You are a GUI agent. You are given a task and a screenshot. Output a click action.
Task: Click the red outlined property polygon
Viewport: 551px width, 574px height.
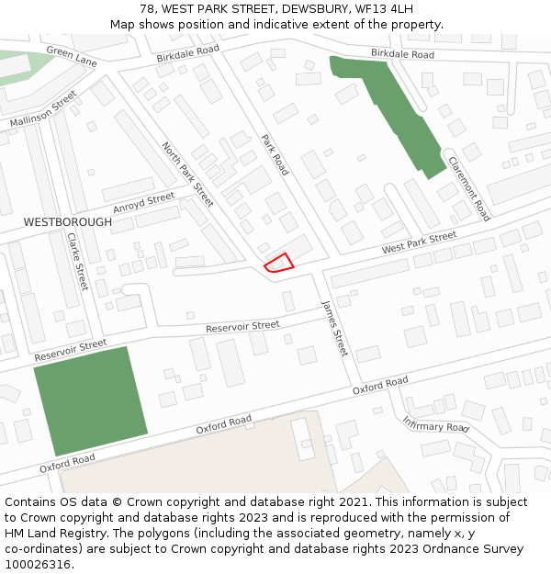coord(279,264)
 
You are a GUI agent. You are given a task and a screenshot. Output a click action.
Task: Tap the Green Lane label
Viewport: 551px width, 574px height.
coord(72,56)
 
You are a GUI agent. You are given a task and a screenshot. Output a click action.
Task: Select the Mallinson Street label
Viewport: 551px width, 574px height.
coord(43,109)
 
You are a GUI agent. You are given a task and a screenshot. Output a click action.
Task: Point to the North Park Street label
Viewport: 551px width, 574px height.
coord(187,174)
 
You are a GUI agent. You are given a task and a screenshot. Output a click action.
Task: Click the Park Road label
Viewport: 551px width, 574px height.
coord(275,154)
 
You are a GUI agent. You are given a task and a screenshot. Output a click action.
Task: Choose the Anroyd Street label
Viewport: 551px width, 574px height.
coord(143,202)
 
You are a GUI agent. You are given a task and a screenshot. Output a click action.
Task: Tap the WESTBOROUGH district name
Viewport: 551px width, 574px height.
coord(68,222)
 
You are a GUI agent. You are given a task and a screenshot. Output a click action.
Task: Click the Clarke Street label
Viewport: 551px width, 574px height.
coord(77,261)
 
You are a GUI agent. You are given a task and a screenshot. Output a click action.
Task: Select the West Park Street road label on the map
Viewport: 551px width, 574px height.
coord(419,242)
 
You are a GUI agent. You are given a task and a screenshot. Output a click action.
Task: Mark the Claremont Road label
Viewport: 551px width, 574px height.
coord(468,188)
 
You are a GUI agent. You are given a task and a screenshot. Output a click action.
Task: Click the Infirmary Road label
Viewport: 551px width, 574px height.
coord(435,423)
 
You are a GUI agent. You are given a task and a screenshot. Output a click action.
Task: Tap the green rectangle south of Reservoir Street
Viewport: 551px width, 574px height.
coord(90,400)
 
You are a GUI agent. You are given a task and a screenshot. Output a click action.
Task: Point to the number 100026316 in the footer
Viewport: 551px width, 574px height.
coord(39,564)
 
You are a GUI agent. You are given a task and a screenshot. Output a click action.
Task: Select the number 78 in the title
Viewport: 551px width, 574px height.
coord(147,8)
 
